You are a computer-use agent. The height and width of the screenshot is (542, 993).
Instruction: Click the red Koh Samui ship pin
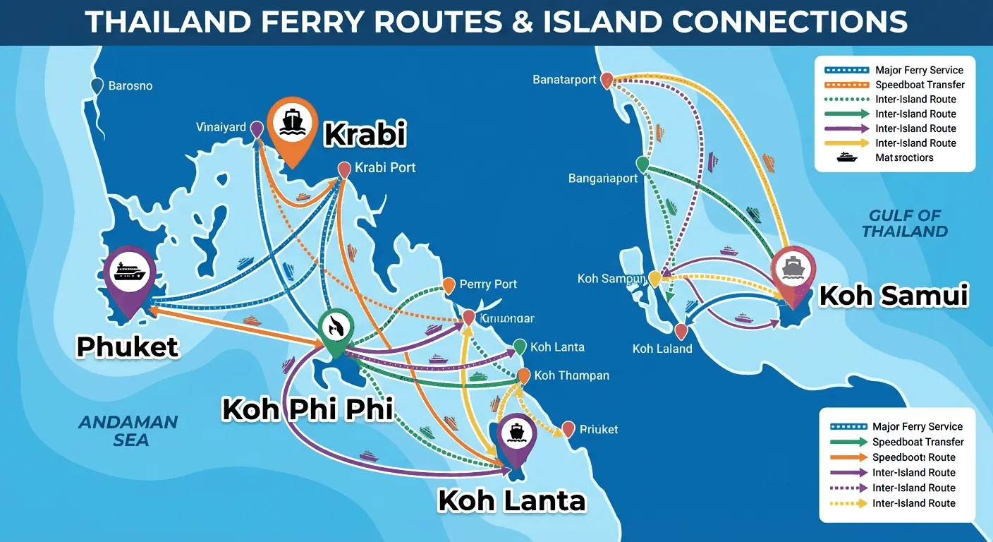coord(793,271)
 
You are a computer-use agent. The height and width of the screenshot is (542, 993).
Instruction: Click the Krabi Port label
coord(385,168)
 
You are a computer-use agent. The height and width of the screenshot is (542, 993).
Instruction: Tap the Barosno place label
coord(130,86)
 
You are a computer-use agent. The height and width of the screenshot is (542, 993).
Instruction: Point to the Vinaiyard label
coord(221,128)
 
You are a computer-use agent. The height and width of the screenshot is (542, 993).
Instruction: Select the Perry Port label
coord(488,284)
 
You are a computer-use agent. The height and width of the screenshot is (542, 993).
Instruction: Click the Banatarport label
coord(564,80)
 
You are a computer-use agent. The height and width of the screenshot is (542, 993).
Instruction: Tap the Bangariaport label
coord(603,179)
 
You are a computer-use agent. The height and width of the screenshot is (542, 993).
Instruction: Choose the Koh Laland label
coord(662,349)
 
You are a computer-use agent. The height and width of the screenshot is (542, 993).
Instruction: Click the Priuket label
coord(598,429)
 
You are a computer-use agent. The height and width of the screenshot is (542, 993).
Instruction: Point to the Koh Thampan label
coord(571,375)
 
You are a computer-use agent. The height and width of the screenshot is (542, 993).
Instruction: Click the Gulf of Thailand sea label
coord(905,223)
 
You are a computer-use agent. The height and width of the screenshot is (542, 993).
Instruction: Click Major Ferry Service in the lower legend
coord(917,427)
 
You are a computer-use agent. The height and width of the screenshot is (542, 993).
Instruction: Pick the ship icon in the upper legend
coord(847,157)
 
